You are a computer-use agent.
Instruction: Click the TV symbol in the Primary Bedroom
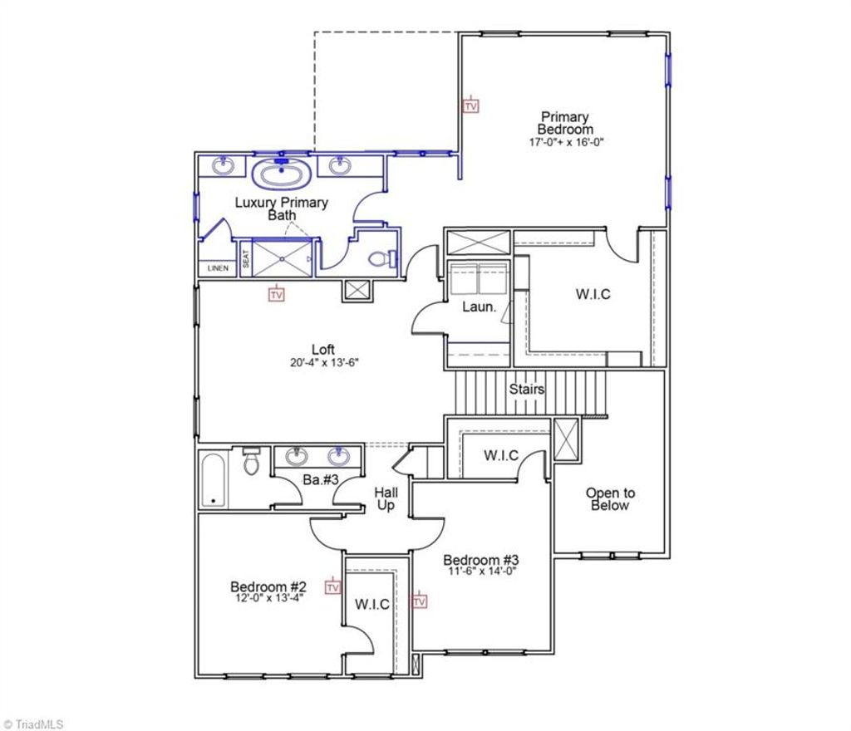tap(471, 105)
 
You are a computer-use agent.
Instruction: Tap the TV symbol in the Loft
tap(277, 293)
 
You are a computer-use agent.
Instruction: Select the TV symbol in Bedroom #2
tap(333, 587)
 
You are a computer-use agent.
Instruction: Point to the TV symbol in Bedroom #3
tap(420, 601)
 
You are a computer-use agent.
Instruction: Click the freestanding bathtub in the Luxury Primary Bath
tap(283, 175)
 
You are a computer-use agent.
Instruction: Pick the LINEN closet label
tap(217, 268)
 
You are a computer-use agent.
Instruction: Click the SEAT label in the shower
tap(246, 259)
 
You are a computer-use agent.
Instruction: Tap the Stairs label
tap(527, 388)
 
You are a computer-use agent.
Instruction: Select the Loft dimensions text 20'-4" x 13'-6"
tap(324, 362)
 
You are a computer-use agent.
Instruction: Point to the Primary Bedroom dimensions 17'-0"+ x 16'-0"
tap(565, 142)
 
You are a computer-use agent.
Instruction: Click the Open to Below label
tap(610, 498)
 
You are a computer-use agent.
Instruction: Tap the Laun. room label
tap(480, 307)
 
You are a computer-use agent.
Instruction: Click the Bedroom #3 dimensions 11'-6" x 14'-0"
tap(481, 572)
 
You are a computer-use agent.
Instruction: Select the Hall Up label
tap(386, 498)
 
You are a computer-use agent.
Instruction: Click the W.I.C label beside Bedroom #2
tap(372, 604)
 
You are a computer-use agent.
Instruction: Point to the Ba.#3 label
tap(317, 479)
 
